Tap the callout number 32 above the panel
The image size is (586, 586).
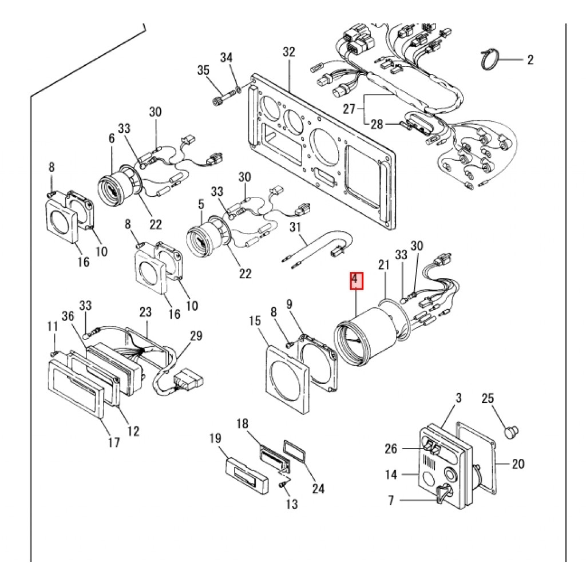click(288, 52)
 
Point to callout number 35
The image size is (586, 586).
click(203, 70)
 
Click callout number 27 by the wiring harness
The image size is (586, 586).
click(349, 109)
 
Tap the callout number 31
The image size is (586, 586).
click(296, 227)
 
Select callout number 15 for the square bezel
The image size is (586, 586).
click(255, 320)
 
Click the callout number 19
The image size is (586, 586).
click(215, 438)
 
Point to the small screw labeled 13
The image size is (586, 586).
click(283, 485)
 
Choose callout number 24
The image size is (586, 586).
click(318, 488)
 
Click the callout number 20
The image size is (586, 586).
click(518, 464)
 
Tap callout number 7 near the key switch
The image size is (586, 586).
click(391, 500)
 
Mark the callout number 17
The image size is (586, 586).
click(114, 442)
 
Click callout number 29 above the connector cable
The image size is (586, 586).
click(196, 335)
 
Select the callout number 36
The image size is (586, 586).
click(68, 316)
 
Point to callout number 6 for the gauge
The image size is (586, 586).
click(112, 138)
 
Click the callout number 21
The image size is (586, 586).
click(383, 265)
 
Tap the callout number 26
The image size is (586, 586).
click(391, 448)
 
